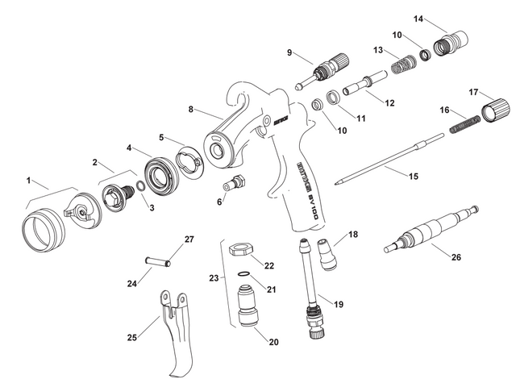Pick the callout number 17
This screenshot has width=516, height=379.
coord(473,93)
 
